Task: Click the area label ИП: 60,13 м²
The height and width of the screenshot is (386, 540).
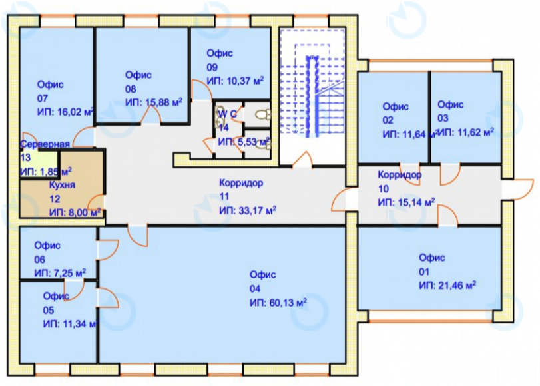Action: (278, 302)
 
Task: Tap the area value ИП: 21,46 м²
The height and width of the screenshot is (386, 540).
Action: (447, 285)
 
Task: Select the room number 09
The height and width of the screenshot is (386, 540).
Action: (212, 67)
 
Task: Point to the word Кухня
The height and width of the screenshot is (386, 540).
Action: (62, 185)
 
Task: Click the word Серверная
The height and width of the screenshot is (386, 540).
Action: (45, 144)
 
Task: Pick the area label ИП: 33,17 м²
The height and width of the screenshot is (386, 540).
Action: (248, 210)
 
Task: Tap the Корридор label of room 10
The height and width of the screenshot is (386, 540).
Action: (400, 175)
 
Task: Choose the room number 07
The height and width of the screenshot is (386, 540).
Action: (43, 98)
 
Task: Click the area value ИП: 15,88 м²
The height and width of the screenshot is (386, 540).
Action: (154, 102)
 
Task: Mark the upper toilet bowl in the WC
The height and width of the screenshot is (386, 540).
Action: (263, 114)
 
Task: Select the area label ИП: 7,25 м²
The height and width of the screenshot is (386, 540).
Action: (60, 273)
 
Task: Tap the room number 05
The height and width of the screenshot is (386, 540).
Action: (49, 310)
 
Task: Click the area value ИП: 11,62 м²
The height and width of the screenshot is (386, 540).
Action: (466, 132)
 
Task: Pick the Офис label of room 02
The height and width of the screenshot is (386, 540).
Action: (396, 106)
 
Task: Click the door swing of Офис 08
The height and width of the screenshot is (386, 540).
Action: (150, 114)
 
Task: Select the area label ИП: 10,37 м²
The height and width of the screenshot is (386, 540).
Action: (235, 81)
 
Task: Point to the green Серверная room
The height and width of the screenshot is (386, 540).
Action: (39, 164)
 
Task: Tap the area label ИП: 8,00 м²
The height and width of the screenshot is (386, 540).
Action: (75, 212)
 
